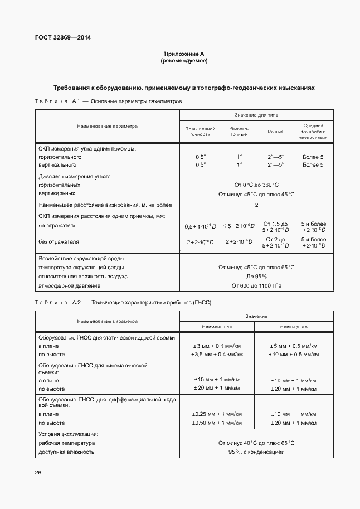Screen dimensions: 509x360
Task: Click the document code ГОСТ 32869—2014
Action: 62,38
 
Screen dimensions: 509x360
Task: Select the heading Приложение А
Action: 183,54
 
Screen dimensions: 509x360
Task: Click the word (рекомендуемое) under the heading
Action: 183,61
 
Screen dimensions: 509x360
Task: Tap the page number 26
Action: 38,473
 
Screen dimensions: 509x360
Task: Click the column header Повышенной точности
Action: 200,132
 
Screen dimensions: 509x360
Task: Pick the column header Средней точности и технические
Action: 313,132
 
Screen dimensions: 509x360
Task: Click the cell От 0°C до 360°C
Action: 256,185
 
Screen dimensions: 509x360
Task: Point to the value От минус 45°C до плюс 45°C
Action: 256,194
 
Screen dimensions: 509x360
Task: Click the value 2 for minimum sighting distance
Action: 256,205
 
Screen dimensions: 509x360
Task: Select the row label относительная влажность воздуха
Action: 82,277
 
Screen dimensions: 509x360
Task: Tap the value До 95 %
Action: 256,277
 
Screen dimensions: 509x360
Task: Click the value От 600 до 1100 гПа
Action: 256,286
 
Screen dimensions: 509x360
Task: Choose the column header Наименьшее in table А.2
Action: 217,327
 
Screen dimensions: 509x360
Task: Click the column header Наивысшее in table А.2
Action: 294,327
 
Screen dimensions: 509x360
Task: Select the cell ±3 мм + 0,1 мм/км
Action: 217,346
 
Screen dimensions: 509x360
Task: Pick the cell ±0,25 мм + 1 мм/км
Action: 217,414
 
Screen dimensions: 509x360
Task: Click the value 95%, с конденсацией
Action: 256,452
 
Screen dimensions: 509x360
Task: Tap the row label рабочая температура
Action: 66,443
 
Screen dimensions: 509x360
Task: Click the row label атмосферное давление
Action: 69,286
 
